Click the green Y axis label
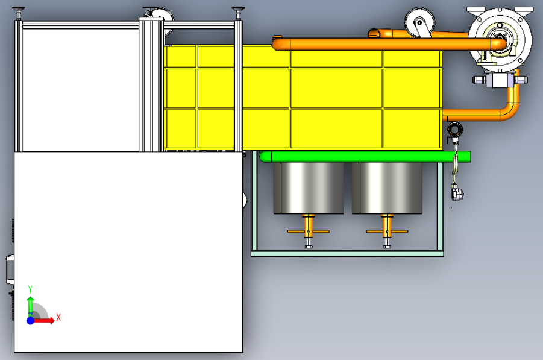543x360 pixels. pos(30,289)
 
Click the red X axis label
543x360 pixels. pos(58,317)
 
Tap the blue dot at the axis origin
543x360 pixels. pos(31,320)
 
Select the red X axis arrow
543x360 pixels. pos(43,320)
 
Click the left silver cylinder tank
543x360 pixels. pos(308,188)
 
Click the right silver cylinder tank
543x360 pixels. pos(387,188)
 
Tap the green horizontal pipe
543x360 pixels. pos(365,157)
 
